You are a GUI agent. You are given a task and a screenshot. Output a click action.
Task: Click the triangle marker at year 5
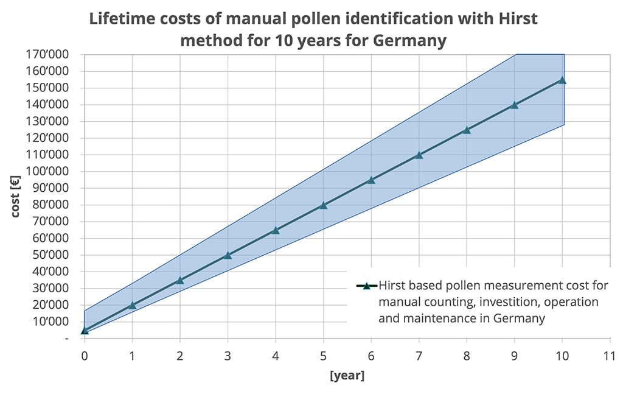coord(323,205)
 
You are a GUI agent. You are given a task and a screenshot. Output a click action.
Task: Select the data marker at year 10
coord(562,80)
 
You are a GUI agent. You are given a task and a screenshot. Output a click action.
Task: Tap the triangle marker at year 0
coord(85,331)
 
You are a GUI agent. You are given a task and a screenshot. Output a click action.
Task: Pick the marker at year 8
coord(467,130)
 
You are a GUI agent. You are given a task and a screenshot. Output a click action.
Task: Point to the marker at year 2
coord(179,280)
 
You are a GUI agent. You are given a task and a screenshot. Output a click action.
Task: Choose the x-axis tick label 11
coord(610,354)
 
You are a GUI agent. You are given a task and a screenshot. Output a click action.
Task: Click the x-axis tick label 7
coord(419,354)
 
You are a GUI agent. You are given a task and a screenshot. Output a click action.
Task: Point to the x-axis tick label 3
coord(228,354)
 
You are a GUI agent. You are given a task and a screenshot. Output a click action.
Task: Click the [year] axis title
coord(347,376)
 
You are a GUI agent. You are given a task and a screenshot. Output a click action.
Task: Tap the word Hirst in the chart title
coord(498,18)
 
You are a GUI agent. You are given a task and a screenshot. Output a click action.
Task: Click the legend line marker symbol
coord(367,285)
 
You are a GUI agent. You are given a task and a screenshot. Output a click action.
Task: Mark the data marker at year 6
coord(371,180)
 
